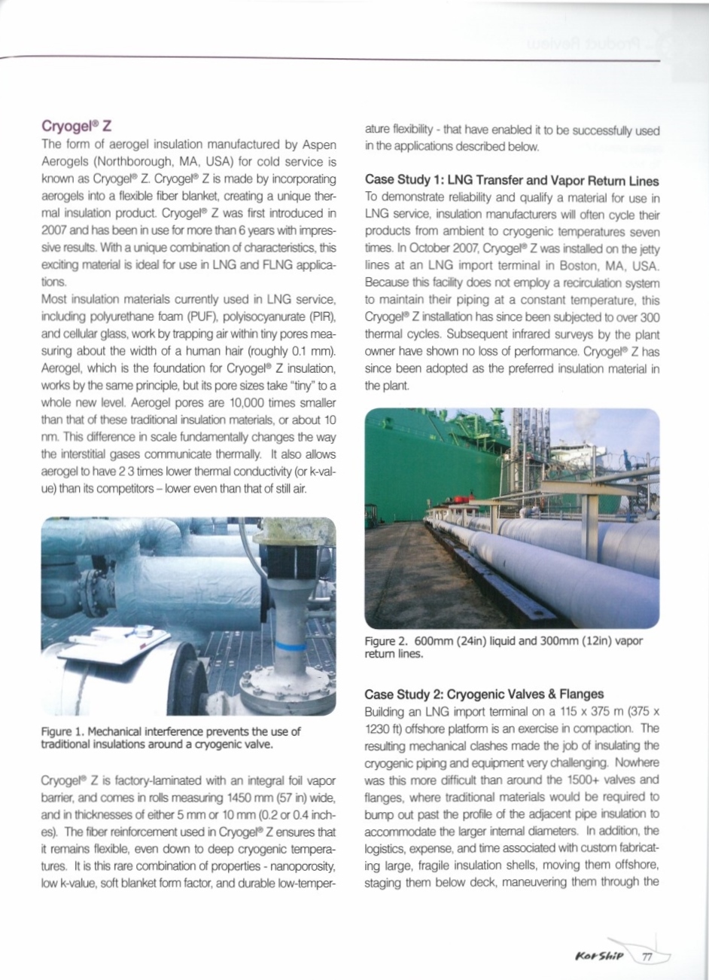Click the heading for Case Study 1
click(511, 181)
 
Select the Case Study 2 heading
click(494, 694)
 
